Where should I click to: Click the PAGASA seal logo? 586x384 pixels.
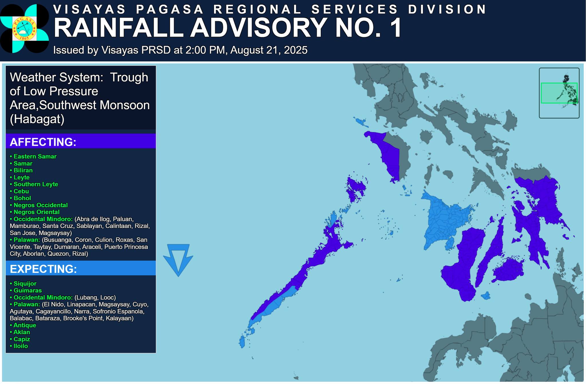coord(24,29)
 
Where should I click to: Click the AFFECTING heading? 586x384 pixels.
coord(43,142)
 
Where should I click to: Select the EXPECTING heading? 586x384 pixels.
coord(43,269)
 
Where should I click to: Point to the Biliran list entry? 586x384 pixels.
coord(23,170)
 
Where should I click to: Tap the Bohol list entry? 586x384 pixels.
coord(22,198)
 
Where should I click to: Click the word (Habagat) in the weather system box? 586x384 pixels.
coord(37,119)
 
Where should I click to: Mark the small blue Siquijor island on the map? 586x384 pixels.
coord(486,296)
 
